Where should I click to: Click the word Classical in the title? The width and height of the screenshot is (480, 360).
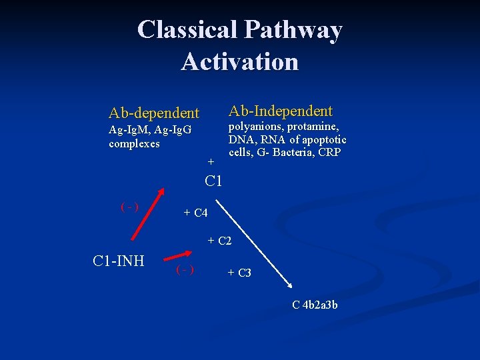[187, 29]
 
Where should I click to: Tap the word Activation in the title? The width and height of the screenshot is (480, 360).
[239, 61]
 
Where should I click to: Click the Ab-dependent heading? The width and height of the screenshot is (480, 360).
[154, 113]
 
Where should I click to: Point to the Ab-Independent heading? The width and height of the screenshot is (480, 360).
[281, 111]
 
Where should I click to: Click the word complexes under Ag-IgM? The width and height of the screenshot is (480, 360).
[134, 143]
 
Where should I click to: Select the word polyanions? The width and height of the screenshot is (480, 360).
[256, 127]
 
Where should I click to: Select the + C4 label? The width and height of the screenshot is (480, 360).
[196, 213]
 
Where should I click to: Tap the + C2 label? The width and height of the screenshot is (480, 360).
[219, 241]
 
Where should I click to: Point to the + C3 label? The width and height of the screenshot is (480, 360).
[239, 273]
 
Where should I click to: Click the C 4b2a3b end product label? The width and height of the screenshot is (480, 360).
[315, 305]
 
